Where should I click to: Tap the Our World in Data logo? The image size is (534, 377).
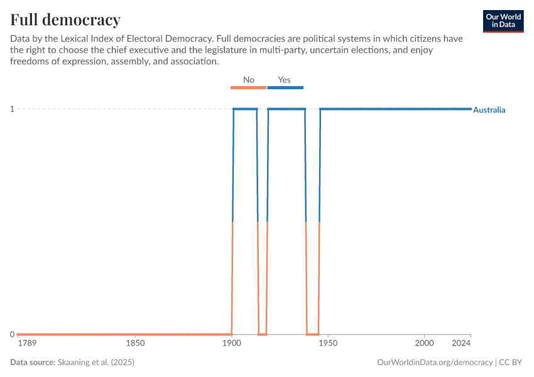coord(503,21)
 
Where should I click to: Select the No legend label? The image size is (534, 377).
coord(249,80)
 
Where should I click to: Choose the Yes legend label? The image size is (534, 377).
coord(284,80)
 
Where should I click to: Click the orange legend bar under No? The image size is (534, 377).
coord(249,87)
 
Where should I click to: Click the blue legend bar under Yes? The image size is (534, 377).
coord(285,87)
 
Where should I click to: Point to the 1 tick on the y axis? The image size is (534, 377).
coord(12,109)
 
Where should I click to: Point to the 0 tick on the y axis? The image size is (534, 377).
coord(12,334)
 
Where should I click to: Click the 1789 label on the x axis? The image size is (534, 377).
coord(27,343)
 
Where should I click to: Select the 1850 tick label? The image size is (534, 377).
coord(136,343)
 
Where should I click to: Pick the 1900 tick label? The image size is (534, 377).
coord(232,343)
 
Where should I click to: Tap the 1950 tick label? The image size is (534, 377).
coord(328,343)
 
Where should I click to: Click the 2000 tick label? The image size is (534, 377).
coord(425,343)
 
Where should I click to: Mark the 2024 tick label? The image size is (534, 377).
coord(461,343)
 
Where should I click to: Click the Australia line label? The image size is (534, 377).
coord(489,110)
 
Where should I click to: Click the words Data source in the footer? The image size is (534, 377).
coord(33,363)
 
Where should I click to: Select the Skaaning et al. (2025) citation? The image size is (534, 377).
coord(96,363)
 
